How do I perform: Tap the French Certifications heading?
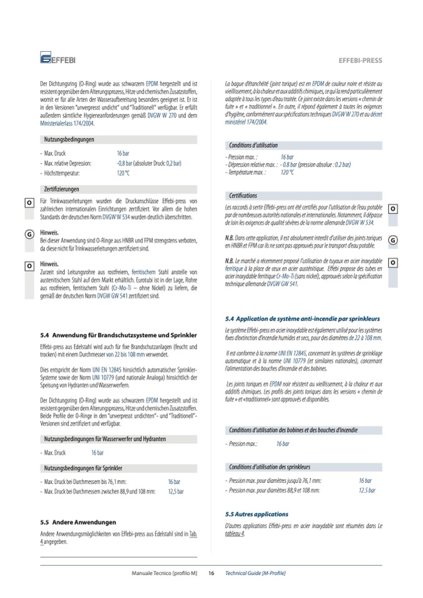pos(243,195)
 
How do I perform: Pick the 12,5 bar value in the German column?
pos(176,491)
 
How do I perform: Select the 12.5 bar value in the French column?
pos(367,490)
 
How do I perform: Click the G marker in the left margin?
pos(29,234)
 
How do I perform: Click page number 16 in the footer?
pos(211,573)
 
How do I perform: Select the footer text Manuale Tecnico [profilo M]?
pos(165,573)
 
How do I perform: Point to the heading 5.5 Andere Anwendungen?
pos(77,521)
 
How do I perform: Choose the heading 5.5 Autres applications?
pos(256,514)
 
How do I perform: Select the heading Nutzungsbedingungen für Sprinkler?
pos(83,467)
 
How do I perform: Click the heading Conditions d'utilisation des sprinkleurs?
pos(270,466)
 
